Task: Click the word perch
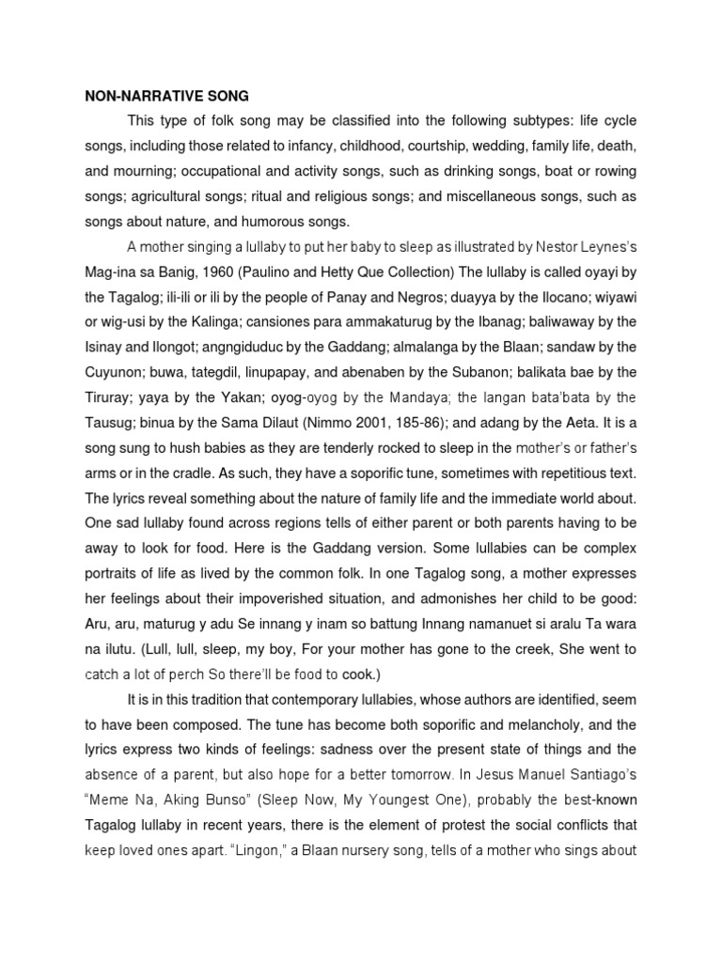coord(202,674)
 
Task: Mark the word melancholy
coord(551,724)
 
